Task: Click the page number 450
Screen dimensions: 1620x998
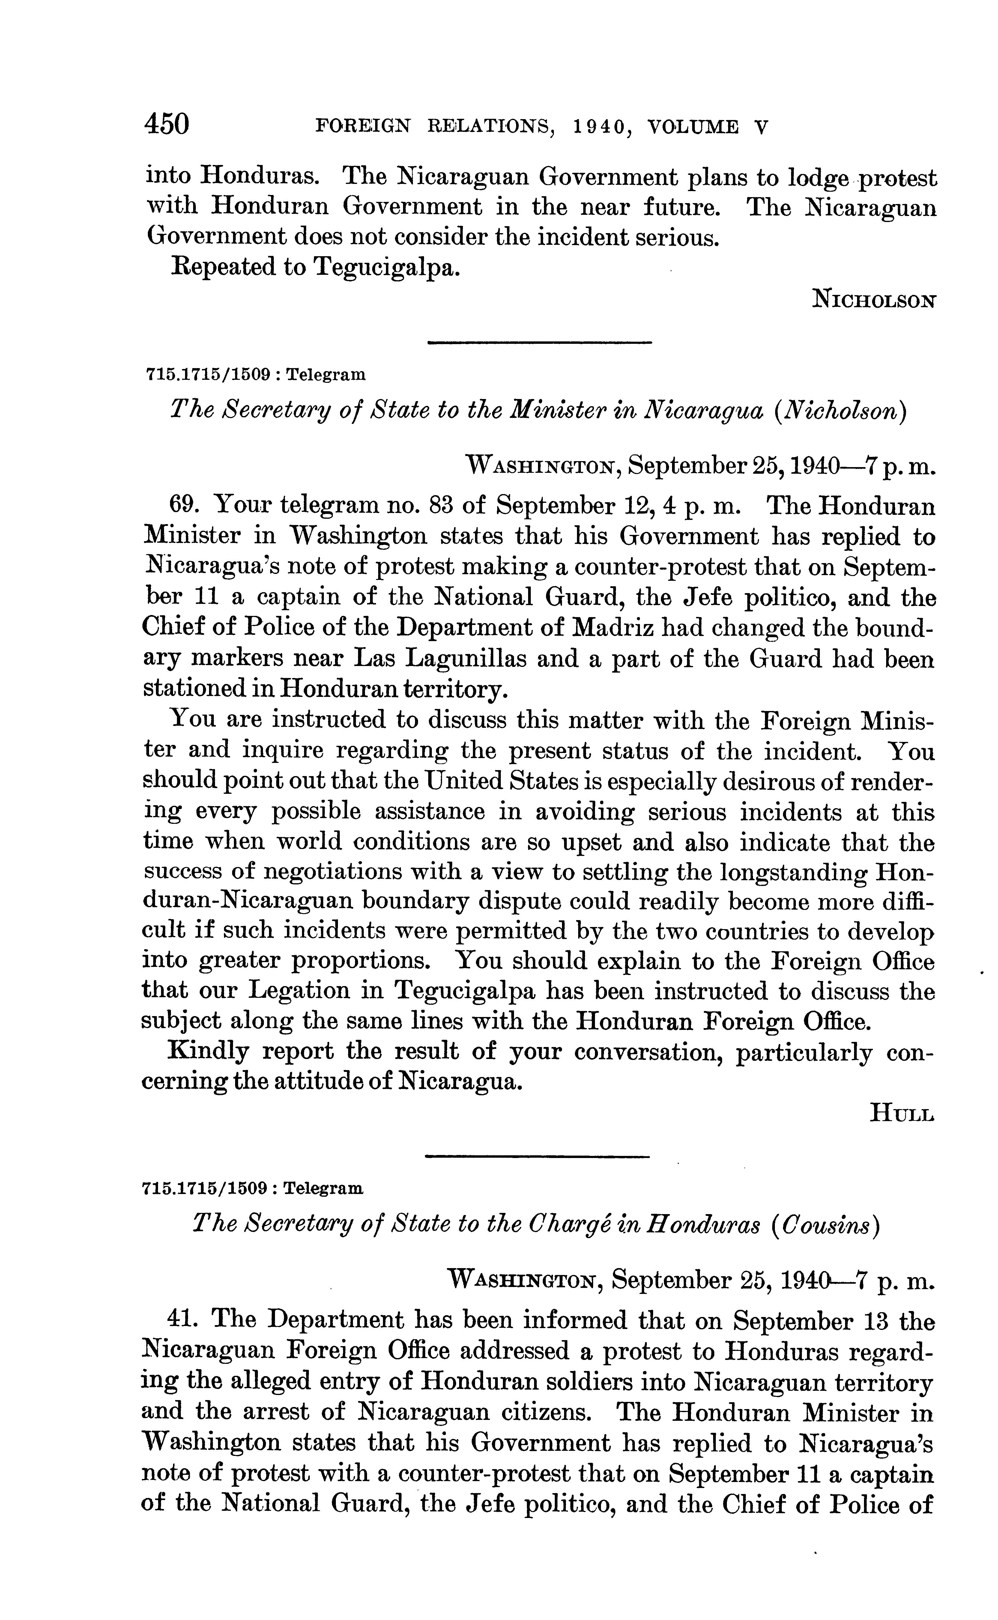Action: [167, 124]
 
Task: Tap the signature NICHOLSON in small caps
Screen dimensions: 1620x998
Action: [874, 300]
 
